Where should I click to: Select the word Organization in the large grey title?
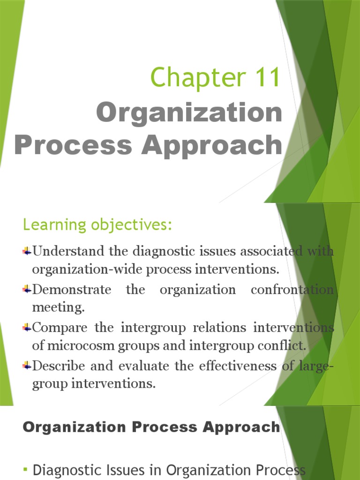[189, 113]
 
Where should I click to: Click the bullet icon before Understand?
[27, 251]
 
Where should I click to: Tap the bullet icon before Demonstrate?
[27, 290]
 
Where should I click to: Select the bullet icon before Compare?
[27, 328]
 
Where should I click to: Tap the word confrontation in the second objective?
[292, 289]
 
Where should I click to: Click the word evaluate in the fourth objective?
[147, 366]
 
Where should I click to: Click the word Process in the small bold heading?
[162, 427]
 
